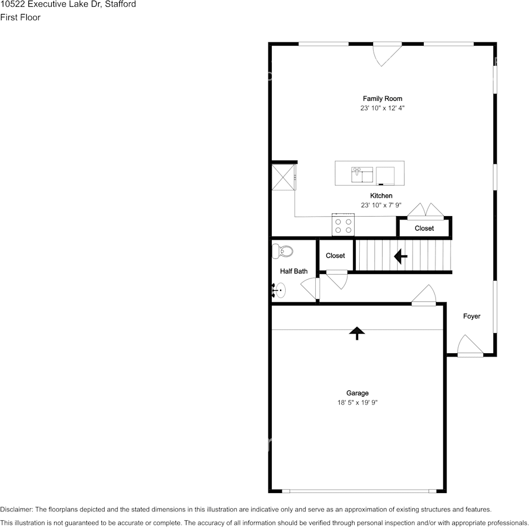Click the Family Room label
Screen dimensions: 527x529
point(382,99)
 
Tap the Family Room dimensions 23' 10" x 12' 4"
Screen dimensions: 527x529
point(382,108)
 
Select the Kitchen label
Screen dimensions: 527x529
point(381,196)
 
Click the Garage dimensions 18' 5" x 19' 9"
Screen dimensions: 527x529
point(357,402)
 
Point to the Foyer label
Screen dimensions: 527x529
point(472,316)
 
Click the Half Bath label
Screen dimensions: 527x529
point(293,271)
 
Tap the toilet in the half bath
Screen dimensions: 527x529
point(282,251)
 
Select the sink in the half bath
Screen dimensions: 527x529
point(280,290)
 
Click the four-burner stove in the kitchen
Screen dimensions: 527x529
point(343,225)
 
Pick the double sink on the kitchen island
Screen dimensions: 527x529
point(362,174)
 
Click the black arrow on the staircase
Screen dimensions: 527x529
point(400,256)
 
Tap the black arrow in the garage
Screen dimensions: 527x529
point(357,333)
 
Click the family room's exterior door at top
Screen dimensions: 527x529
point(388,52)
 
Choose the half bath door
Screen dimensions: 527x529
point(311,289)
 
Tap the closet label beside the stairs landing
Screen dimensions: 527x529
point(335,256)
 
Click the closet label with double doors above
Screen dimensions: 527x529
point(424,228)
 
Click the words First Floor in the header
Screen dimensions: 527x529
point(20,17)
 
